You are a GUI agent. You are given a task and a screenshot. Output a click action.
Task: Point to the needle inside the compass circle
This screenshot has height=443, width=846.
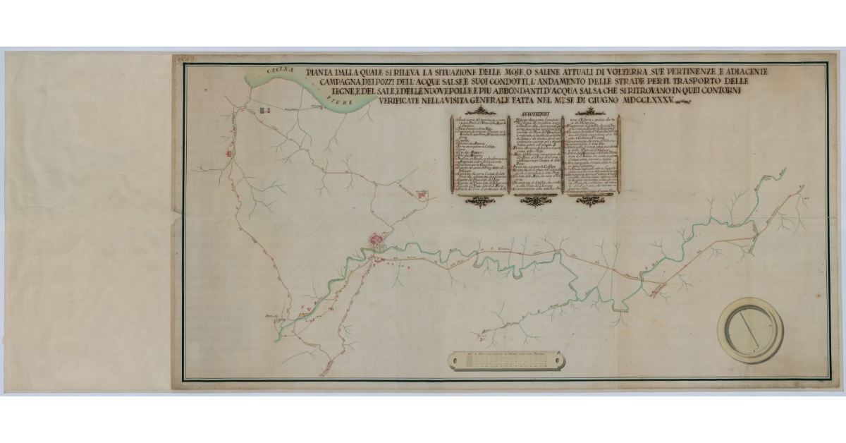click(749, 330)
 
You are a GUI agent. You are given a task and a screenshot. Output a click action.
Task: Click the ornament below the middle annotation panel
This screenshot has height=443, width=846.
click(534, 202)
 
